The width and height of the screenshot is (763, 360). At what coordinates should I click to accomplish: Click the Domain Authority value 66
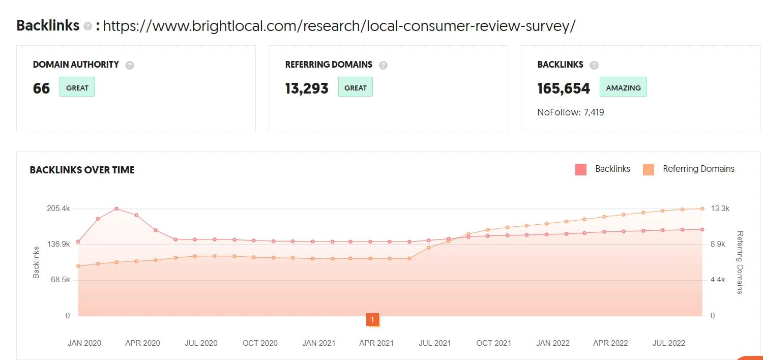pos(41,88)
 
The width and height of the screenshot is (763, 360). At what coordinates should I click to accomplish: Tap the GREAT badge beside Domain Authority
pos(77,87)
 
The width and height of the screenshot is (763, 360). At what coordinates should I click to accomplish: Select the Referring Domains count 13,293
pos(307,88)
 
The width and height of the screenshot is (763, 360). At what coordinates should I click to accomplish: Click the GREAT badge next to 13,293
pos(355,87)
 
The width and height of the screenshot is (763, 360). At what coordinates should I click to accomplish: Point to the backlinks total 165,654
pos(564,88)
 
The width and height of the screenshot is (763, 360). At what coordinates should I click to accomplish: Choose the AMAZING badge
pos(623,87)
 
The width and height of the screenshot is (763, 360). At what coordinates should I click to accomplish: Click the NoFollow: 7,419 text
pos(571,112)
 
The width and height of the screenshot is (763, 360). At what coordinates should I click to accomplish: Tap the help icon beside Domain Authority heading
pos(130,65)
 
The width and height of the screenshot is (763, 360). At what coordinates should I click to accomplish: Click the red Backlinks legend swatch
pos(581,169)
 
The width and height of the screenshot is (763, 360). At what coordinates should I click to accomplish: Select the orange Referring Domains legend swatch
pos(649,169)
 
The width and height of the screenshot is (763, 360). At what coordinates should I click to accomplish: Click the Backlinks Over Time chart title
pos(82,170)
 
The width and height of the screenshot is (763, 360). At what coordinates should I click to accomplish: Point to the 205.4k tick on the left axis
pos(59,208)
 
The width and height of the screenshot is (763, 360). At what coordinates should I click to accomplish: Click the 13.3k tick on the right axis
pos(719,208)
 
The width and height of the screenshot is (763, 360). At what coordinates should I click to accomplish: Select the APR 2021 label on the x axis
pos(376,343)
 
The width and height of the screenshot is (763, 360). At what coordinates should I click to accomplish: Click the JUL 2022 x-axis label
pos(668,343)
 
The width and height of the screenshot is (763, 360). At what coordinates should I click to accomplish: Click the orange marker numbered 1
pos(372,320)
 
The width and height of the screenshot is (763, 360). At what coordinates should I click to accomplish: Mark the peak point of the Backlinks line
pos(116,208)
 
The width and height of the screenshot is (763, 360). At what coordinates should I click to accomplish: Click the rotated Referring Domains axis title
pos(740,262)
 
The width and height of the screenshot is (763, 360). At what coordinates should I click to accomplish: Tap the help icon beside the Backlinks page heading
pos(87,26)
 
